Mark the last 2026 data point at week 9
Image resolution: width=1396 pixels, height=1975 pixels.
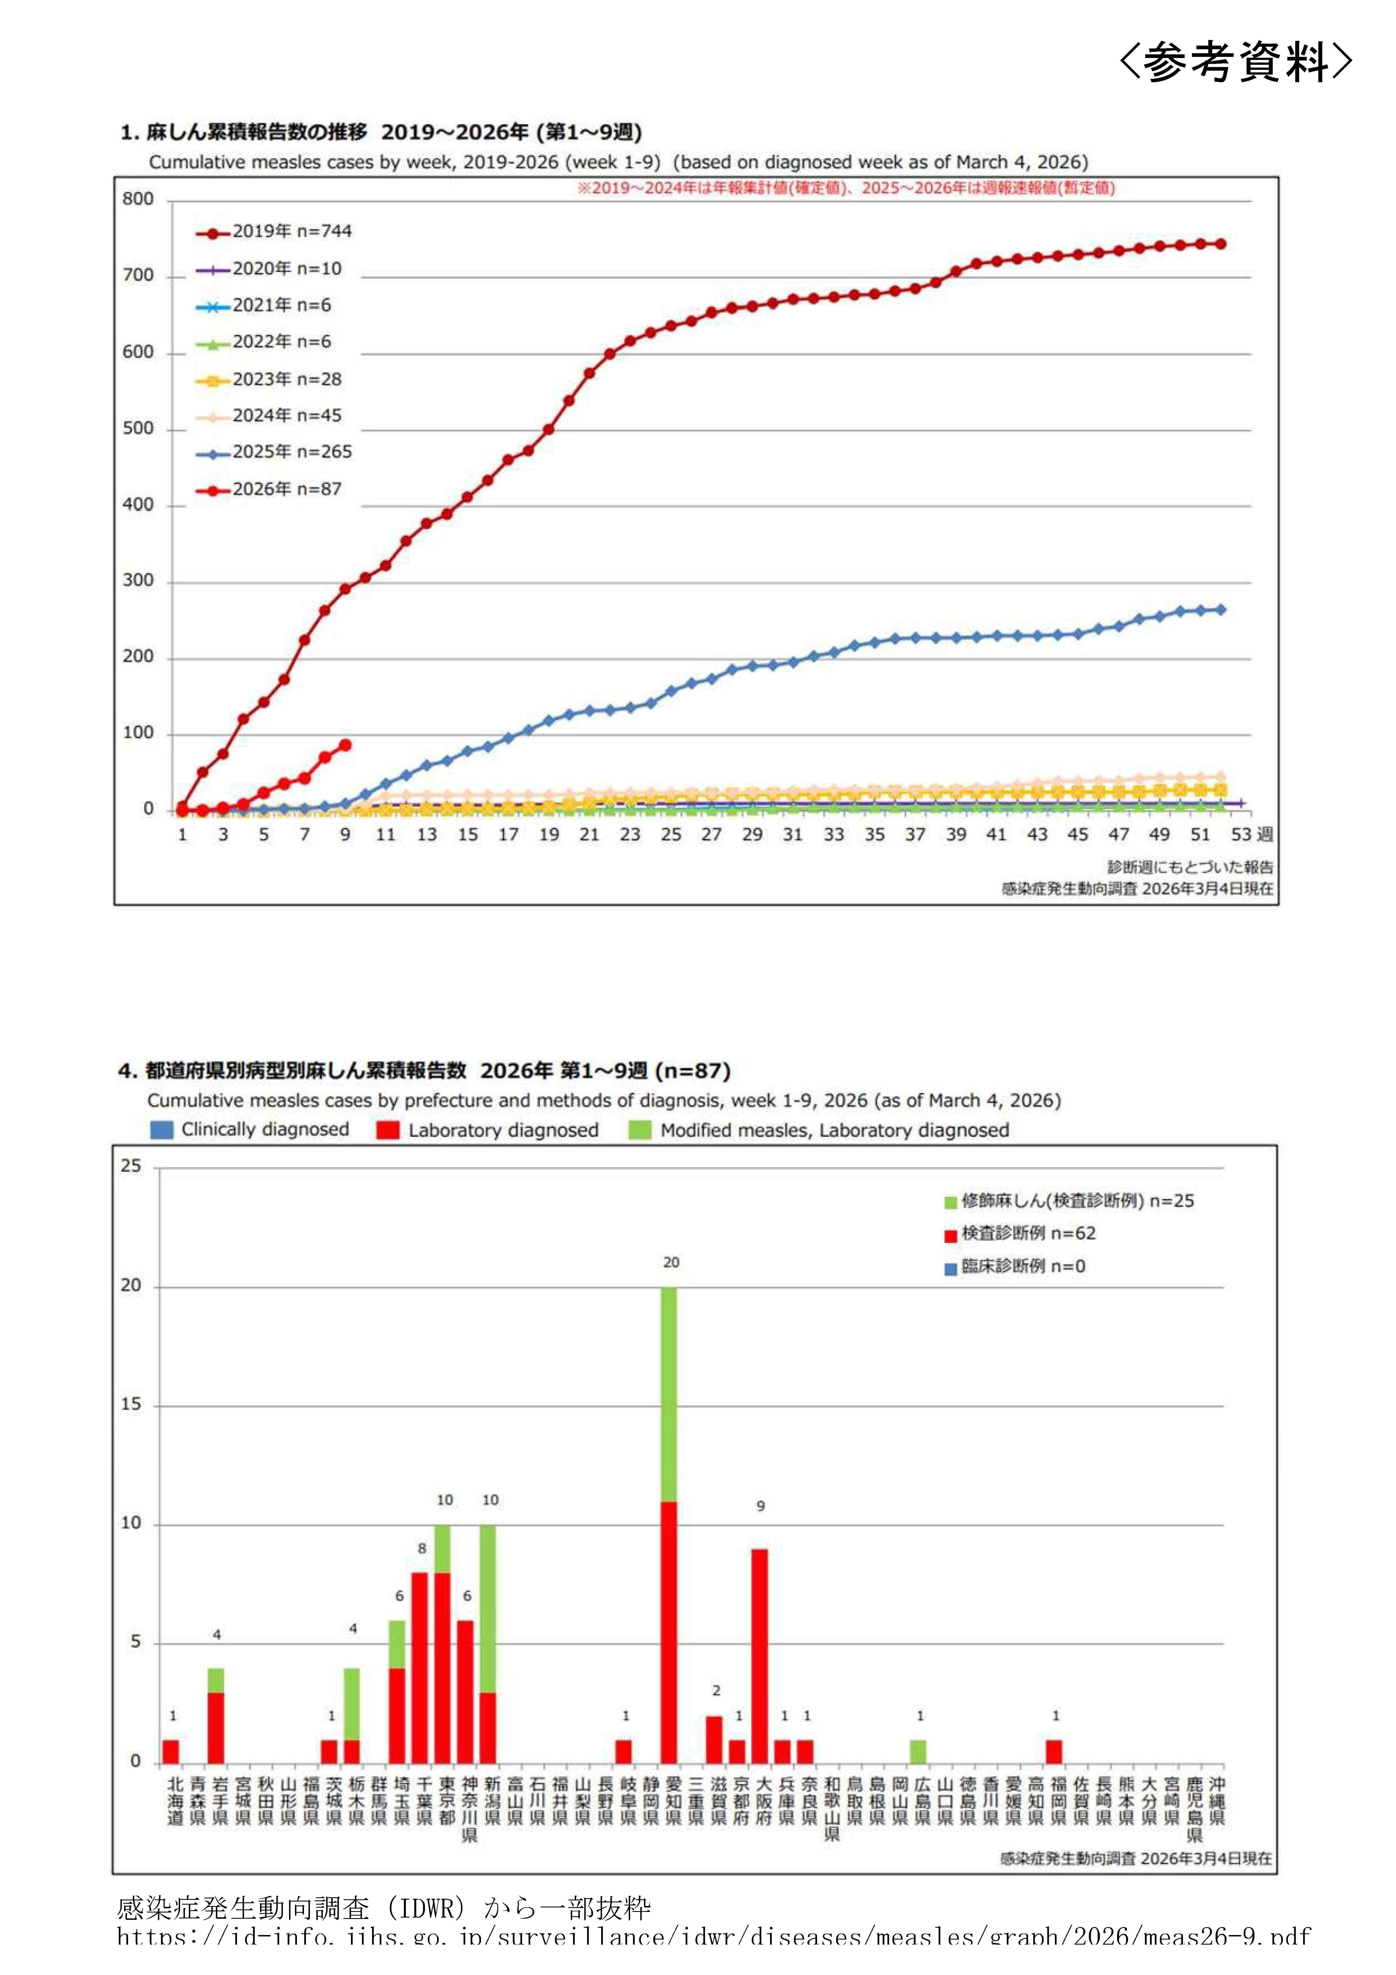[x=345, y=745]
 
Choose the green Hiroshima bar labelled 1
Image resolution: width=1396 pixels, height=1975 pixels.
[x=919, y=1752]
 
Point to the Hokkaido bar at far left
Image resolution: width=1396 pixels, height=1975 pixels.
[x=171, y=1752]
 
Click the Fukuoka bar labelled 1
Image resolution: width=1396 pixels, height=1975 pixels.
[x=1055, y=1752]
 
